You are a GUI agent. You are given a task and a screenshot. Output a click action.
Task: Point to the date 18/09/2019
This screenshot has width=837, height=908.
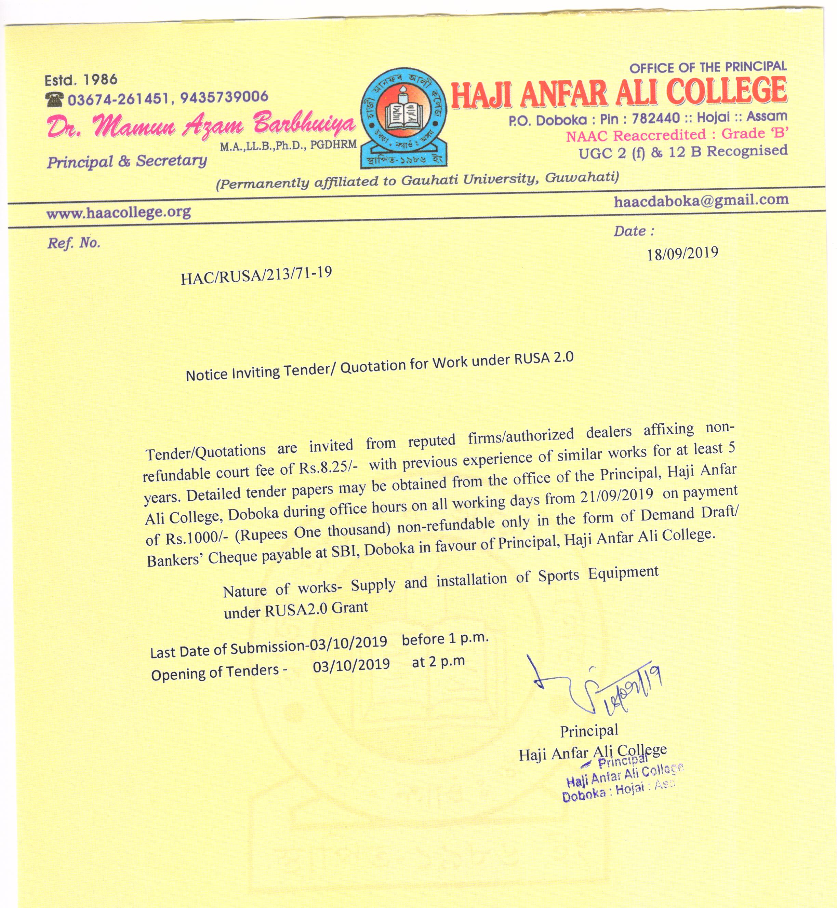[682, 254]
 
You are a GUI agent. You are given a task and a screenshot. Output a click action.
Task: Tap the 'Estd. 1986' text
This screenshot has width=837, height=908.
[81, 80]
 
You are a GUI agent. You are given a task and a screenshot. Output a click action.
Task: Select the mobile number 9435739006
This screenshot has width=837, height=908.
[224, 97]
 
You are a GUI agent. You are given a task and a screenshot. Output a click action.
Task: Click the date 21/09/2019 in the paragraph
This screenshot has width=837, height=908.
[616, 495]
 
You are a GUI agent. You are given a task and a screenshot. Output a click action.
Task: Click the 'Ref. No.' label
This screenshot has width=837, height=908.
[74, 243]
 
